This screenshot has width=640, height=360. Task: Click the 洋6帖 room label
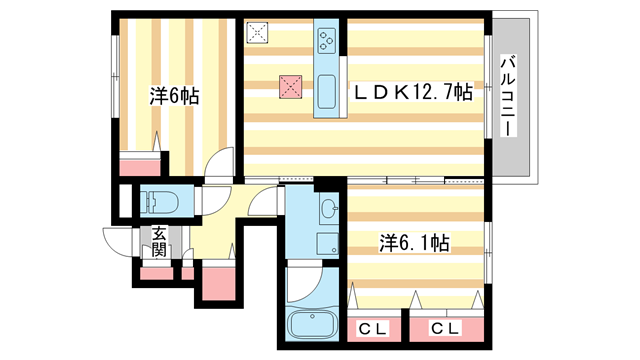click(x=174, y=97)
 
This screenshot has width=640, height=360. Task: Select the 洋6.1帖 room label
click(x=413, y=242)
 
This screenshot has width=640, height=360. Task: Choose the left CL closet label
click(x=372, y=328)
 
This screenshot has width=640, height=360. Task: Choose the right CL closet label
click(x=448, y=328)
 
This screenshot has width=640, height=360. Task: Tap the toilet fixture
click(x=160, y=203)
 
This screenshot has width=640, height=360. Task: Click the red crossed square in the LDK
click(x=291, y=88)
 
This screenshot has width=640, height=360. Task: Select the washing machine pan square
click(x=328, y=244)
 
